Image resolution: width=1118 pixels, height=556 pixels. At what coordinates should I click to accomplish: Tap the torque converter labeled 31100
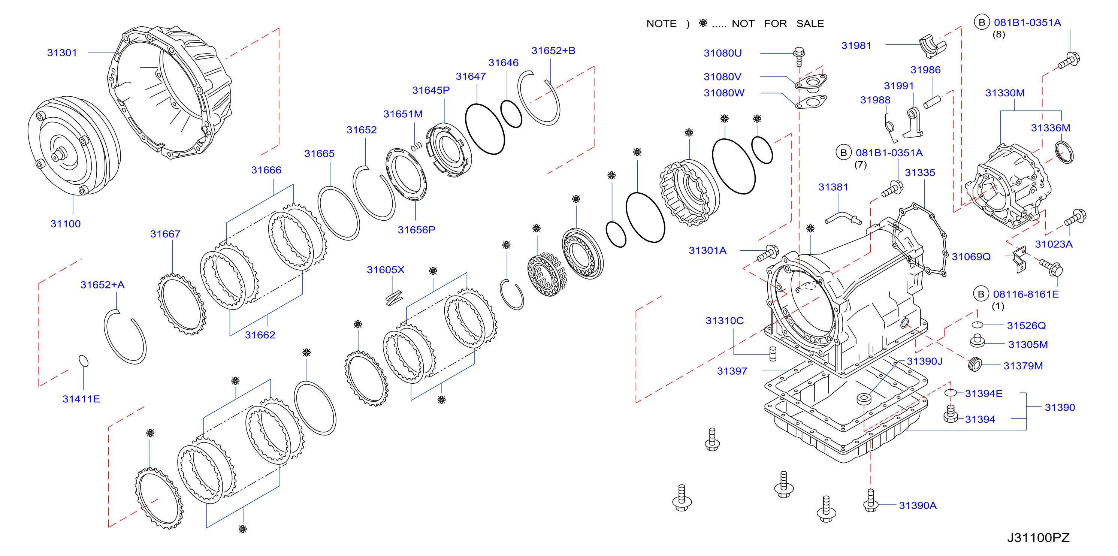(x=74, y=146)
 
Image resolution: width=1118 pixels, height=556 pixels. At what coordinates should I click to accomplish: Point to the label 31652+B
(x=553, y=51)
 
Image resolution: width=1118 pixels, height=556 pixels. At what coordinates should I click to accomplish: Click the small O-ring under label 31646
(x=511, y=114)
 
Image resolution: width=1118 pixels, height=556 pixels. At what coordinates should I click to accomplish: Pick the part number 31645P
(x=430, y=90)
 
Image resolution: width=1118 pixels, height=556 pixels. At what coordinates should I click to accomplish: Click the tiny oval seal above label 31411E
(x=83, y=361)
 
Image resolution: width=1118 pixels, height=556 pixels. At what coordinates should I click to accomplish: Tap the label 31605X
(x=386, y=270)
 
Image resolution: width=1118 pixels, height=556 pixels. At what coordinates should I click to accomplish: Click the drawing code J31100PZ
(x=1038, y=538)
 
